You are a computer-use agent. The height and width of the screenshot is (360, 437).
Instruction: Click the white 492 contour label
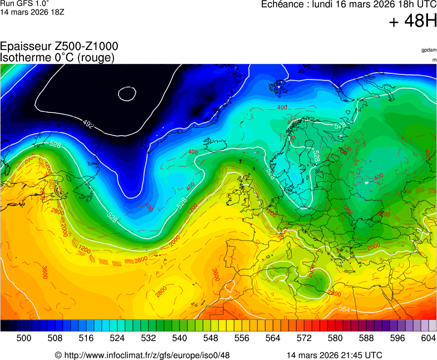point(88,123)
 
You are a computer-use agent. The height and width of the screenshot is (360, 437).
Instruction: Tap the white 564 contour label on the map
point(345,309)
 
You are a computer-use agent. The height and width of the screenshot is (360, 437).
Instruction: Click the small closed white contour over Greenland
point(127,93)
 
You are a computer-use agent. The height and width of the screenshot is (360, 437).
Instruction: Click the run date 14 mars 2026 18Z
point(32,12)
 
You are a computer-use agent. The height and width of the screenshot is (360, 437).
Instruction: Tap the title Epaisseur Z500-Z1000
point(59,47)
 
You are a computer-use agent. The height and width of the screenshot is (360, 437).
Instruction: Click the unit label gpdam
point(429,50)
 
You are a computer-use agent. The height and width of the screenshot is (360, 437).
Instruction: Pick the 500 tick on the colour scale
point(24,338)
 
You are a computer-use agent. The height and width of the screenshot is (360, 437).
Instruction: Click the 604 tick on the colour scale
point(428,338)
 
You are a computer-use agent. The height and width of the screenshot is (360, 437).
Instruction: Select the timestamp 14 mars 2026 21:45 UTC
point(334,355)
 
